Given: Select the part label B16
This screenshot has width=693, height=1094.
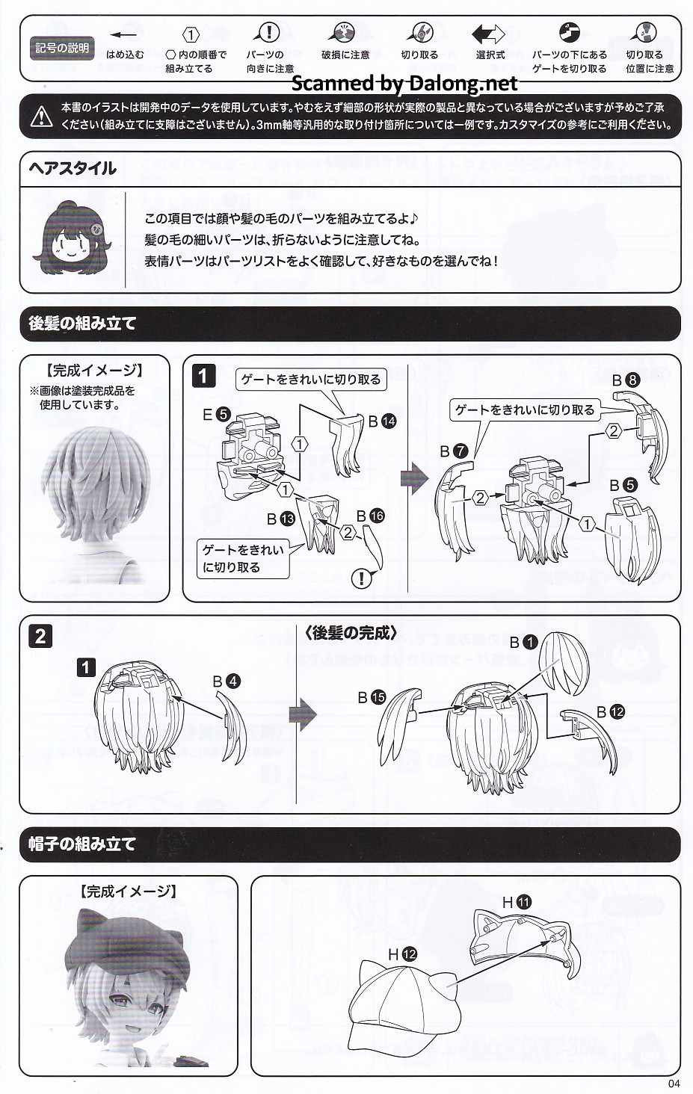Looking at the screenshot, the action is (x=371, y=516).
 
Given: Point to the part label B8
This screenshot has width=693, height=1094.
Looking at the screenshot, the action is (x=626, y=380).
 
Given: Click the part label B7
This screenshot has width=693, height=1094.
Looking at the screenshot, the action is (x=454, y=451).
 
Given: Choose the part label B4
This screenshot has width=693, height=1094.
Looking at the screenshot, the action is (x=227, y=682).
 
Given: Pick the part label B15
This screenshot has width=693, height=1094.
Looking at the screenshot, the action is (x=372, y=697).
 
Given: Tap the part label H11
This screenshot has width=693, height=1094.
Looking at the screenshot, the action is (x=517, y=901).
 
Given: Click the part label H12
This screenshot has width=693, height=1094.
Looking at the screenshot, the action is (x=402, y=954).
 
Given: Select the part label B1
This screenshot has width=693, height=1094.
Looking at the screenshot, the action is (x=523, y=642).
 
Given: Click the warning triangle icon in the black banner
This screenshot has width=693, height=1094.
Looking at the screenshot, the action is (x=42, y=116).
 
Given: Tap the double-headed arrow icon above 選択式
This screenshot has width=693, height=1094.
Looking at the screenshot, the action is (x=488, y=34).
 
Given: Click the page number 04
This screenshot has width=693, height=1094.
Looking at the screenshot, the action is (x=674, y=1084).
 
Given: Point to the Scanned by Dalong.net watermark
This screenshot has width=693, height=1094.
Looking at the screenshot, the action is (x=404, y=84).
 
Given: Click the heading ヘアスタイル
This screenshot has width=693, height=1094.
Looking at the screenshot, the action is (x=73, y=168).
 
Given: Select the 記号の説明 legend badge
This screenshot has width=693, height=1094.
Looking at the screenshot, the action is (x=62, y=48).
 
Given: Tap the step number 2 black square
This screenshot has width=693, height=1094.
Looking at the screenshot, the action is (x=40, y=637).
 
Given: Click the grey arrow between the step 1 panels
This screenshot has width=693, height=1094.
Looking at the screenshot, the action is (x=414, y=478).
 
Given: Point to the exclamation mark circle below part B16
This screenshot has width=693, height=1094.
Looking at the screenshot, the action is (x=362, y=578).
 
